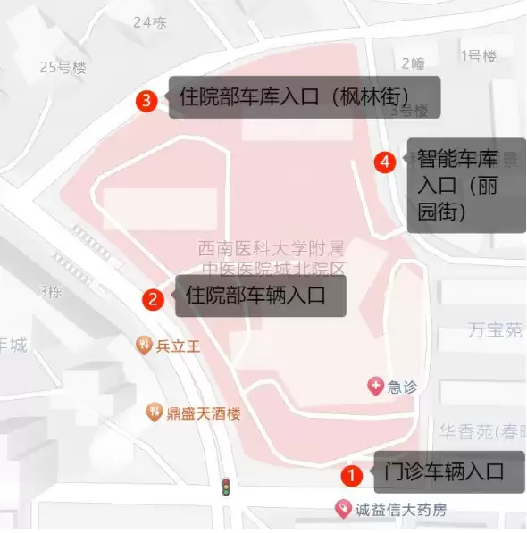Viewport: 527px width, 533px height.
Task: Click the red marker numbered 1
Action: click(353, 475)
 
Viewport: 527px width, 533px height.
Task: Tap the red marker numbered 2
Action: click(154, 299)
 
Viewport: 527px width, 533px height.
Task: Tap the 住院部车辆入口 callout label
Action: click(261, 295)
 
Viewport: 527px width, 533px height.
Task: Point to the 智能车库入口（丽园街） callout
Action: click(465, 186)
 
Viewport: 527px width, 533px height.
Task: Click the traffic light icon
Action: click(227, 487)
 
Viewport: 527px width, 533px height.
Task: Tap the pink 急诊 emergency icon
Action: click(376, 387)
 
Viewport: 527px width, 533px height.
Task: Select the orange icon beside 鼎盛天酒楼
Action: click(154, 412)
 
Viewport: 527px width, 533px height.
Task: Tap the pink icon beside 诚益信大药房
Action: click(341, 510)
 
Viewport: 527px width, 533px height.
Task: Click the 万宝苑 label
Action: click(495, 330)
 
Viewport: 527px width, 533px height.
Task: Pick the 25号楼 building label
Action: click(63, 66)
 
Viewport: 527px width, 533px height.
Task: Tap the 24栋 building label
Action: click(149, 22)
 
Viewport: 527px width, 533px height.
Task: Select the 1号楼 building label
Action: click(477, 56)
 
